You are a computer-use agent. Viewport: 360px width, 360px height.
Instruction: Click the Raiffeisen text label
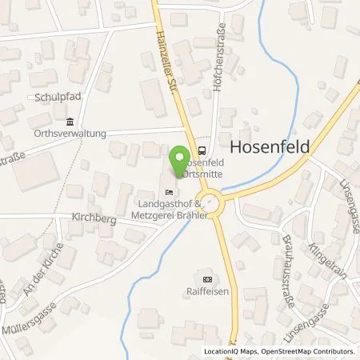(208, 292)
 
